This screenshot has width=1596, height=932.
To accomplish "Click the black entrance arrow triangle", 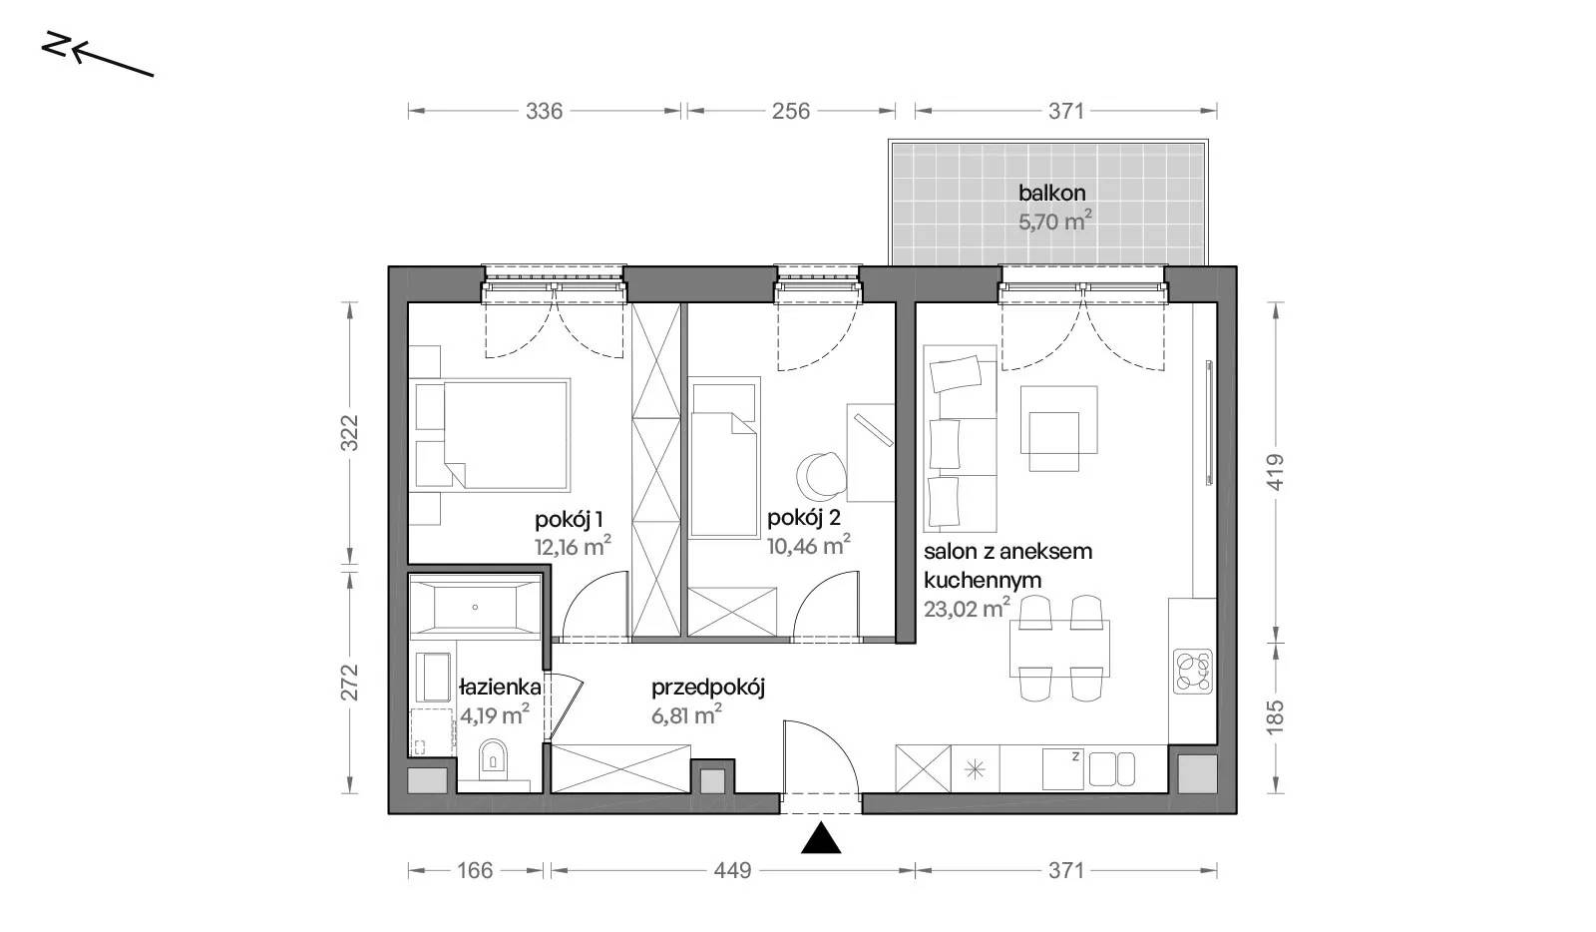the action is pos(821,838).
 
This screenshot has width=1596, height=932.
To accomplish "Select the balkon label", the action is pos(1051,194).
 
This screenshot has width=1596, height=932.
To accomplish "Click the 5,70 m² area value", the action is pos(1054,222).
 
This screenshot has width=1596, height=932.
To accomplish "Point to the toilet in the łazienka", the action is pos(493,758).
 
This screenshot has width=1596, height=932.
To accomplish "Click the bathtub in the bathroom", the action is pos(475,607).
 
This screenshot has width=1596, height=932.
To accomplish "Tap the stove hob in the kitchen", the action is pos(1193,672).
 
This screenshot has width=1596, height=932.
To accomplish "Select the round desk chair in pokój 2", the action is pos(819,476).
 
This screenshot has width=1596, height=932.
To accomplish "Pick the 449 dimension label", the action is pos(732,870).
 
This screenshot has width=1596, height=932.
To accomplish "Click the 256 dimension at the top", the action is pos(791,111).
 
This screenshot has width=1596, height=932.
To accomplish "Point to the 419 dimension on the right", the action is pos(1276,472).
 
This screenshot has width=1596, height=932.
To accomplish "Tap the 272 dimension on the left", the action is pos(349,682).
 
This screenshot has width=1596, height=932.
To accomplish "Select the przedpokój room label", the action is pos(708,689).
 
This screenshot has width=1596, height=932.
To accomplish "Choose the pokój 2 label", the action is pos(804,518).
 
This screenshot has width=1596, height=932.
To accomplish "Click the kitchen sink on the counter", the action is pos(1111,769).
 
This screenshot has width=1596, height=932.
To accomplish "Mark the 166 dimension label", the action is pos(475,870).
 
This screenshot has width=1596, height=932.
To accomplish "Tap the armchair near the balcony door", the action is pos(1058,427).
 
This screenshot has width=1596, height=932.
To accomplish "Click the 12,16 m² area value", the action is pos(573,547).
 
